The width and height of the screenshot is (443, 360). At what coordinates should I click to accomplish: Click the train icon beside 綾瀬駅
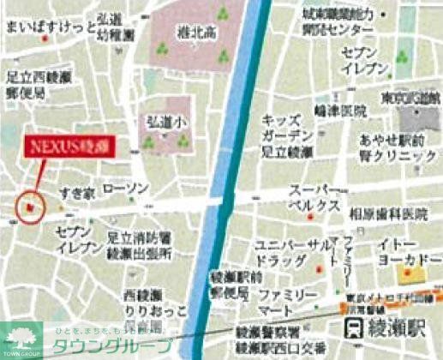(353, 328)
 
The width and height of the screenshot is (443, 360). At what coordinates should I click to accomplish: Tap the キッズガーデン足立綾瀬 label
(293, 135)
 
